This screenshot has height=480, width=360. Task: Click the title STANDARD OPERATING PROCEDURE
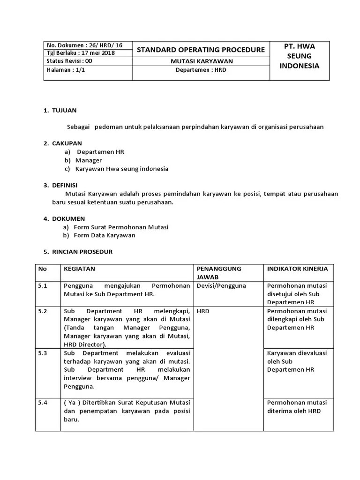tap(201, 50)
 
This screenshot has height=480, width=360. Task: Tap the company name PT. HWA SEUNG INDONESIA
tap(300, 56)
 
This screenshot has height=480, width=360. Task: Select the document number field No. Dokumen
tap(84, 45)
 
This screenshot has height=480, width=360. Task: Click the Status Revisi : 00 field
tap(69, 61)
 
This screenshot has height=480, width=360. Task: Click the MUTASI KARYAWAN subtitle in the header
tap(201, 61)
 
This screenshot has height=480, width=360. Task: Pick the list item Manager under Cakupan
tap(88, 160)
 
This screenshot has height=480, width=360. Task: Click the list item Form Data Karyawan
tap(105, 235)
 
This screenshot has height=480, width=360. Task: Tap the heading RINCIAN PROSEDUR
tap(82, 252)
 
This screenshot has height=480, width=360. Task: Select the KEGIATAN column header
tap(79, 269)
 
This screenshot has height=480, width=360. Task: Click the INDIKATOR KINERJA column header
tap(297, 269)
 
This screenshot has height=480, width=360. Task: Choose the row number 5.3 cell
tap(43, 353)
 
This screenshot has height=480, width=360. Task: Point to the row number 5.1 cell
tap(43, 285)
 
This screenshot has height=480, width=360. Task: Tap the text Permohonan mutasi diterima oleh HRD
tap(297, 406)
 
